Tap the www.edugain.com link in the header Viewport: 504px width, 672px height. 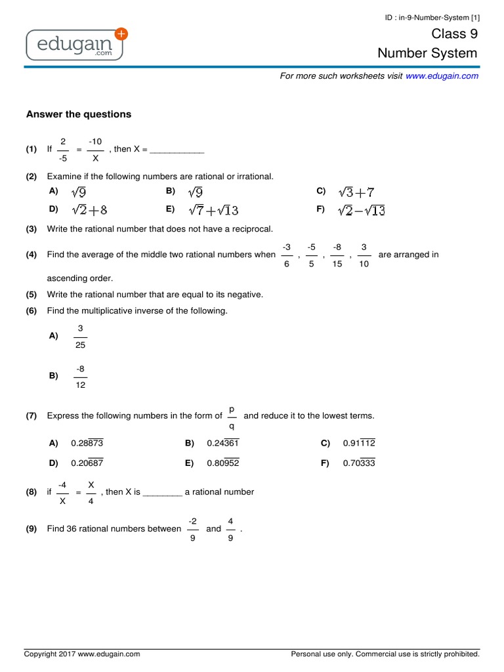(x=442, y=76)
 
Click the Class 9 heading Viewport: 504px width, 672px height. (x=454, y=34)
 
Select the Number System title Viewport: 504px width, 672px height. (x=427, y=53)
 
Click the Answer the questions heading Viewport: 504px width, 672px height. (x=79, y=114)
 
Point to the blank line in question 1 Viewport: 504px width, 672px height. (x=177, y=150)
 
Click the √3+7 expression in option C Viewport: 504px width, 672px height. (x=356, y=192)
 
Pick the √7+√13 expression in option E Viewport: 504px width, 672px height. (x=213, y=210)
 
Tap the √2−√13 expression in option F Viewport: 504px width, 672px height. (x=361, y=210)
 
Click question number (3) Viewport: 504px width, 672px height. (x=31, y=229)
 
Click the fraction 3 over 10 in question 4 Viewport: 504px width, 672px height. (x=363, y=255)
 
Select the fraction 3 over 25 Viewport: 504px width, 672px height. (x=80, y=336)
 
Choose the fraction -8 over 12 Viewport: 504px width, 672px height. (x=80, y=377)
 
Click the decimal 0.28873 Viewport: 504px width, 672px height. (x=87, y=444)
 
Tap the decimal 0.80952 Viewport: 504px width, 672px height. (x=223, y=463)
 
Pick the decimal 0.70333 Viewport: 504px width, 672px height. (x=359, y=463)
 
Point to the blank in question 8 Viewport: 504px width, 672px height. (x=162, y=492)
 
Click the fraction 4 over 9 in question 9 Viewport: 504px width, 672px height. (x=230, y=529)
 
